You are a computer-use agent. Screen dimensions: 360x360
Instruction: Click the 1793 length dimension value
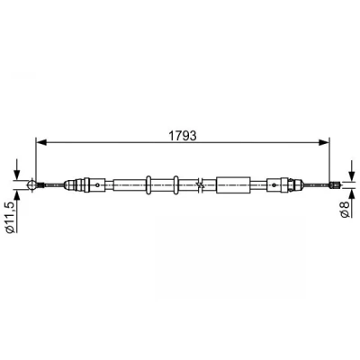click(x=183, y=136)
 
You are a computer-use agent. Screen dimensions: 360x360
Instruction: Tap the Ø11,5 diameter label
click(x=11, y=217)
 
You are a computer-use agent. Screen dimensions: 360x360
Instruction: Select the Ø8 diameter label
click(x=346, y=209)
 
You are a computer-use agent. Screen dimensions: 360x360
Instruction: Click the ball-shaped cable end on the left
click(x=31, y=184)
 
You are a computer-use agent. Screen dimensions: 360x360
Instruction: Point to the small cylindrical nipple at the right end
click(x=334, y=184)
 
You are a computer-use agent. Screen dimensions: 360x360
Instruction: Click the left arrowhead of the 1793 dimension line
click(x=41, y=142)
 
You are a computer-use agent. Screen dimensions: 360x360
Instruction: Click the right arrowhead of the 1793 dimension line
click(x=324, y=142)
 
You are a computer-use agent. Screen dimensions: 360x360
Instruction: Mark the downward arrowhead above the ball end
click(x=16, y=174)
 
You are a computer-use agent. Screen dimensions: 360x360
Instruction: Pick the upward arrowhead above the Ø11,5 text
click(x=16, y=195)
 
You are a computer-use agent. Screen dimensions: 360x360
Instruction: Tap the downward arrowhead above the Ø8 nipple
click(x=351, y=175)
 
